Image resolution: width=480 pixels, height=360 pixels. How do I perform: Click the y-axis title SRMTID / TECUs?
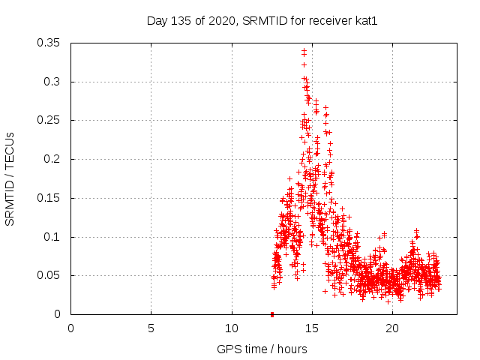10,178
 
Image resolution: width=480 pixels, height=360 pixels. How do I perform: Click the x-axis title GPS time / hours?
262,349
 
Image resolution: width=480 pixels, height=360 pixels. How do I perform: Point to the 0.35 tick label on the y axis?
50,43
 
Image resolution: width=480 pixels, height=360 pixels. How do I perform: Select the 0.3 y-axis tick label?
53,82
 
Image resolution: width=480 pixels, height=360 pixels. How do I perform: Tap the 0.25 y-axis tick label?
50,120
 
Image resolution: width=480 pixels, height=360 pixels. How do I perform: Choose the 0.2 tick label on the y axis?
53,159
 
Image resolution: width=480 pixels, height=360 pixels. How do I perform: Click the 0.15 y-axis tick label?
50,198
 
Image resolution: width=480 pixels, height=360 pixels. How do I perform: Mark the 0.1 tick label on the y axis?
53,237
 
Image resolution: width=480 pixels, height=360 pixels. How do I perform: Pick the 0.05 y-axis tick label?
50,275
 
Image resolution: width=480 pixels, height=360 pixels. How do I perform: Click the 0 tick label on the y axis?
59,314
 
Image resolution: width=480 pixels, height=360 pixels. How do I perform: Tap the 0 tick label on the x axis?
71,328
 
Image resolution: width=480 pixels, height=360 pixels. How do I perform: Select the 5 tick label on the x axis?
151,328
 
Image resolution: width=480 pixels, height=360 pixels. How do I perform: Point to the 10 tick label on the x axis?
232,328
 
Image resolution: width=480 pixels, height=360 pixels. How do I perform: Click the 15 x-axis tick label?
312,328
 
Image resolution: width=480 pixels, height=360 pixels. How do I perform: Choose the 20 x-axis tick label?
392,328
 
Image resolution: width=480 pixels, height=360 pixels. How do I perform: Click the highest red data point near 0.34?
304,51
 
